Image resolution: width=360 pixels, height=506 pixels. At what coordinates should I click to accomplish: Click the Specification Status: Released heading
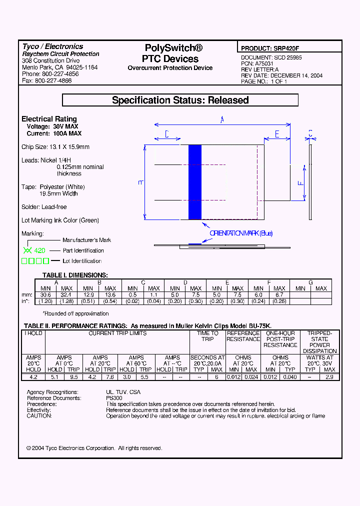click(x=180, y=100)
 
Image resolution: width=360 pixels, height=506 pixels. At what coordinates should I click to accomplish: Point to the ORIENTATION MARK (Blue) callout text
click(x=241, y=233)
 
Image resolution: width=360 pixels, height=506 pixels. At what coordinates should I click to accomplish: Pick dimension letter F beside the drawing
click(x=300, y=183)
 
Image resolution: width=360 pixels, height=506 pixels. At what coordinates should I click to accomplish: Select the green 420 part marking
click(x=39, y=250)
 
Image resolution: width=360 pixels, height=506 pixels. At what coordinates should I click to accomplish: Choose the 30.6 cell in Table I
click(x=45, y=295)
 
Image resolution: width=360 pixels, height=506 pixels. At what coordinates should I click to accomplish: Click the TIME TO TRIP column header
click(x=207, y=336)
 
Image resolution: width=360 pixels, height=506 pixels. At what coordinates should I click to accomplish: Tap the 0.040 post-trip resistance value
click(x=290, y=377)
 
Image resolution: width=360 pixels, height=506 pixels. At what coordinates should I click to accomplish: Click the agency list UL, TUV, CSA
click(x=123, y=392)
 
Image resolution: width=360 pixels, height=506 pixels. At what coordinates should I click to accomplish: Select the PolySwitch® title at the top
click(x=173, y=48)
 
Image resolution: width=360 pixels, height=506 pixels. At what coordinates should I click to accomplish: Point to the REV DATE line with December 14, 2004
click(x=281, y=75)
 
